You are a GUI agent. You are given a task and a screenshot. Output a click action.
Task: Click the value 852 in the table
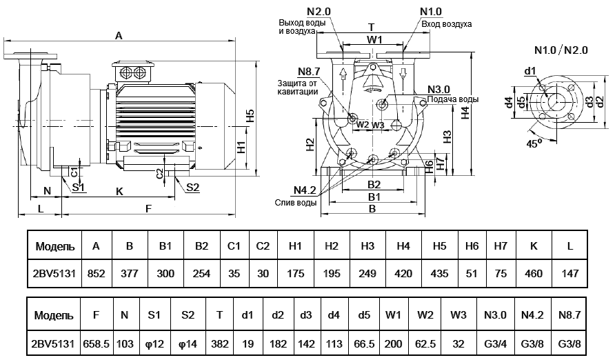point(96,274)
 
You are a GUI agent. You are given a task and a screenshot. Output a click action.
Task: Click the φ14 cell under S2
point(188,343)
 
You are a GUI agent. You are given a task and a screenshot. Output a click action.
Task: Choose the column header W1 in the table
point(394,315)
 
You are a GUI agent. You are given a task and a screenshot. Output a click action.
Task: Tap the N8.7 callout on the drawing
point(309,72)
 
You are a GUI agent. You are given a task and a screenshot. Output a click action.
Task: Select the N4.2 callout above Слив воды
point(304,190)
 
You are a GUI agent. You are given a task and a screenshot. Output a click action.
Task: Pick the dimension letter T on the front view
point(372,27)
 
